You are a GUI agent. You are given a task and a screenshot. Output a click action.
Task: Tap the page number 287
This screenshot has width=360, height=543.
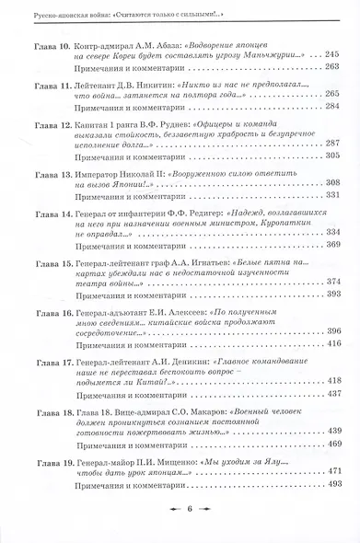332,144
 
